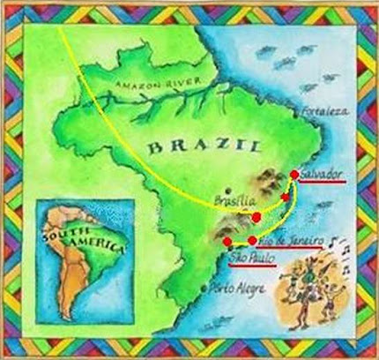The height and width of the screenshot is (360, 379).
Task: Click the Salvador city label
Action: point(320,175)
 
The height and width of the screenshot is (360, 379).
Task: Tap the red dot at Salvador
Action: point(294,174)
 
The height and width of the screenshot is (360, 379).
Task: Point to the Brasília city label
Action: point(229,201)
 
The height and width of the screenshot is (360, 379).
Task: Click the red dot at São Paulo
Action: point(227,240)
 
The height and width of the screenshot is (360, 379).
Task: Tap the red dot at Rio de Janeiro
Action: point(253,240)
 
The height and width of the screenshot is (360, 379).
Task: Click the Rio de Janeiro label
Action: point(288,241)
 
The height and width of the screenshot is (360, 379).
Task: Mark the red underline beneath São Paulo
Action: point(252,266)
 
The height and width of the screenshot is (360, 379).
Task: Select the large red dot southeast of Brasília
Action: point(256,216)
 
